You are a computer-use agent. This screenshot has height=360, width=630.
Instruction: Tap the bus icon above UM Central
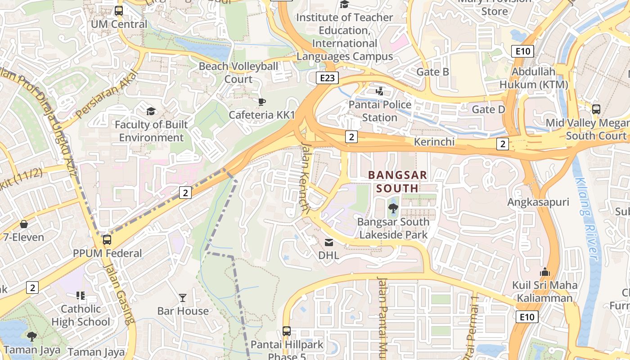tap(119, 11)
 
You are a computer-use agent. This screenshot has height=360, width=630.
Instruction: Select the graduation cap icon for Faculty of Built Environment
tap(151, 111)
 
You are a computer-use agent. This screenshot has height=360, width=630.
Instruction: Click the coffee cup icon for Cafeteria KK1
tap(261, 102)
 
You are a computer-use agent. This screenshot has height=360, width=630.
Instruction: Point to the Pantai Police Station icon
tap(380, 91)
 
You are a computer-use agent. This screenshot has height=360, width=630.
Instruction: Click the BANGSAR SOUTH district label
tap(397, 181)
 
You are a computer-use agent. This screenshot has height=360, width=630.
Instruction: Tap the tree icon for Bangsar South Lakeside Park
tap(393, 208)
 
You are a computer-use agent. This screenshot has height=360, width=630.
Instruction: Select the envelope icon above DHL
tap(329, 243)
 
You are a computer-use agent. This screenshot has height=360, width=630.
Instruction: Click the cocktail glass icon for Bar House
tap(183, 297)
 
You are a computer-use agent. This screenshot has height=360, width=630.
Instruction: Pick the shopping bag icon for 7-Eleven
tap(23, 224)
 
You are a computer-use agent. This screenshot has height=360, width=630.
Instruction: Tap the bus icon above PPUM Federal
tap(107, 240)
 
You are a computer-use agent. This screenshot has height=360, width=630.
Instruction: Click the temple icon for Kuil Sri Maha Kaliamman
tap(544, 272)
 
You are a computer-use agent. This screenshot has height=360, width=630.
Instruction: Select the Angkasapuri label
tap(538, 202)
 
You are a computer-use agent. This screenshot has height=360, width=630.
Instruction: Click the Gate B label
tap(432, 72)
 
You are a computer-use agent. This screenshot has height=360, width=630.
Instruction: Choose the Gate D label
tap(488, 109)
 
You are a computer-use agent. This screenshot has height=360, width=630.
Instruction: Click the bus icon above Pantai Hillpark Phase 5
tap(287, 331)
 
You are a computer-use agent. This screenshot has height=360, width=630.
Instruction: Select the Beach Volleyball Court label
tap(238, 72)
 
